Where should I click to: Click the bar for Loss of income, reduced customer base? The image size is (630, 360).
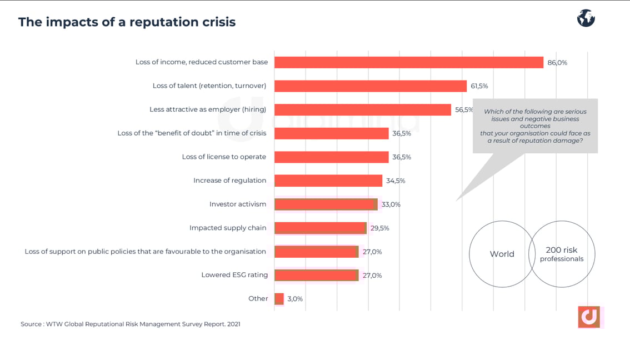pos(408,62)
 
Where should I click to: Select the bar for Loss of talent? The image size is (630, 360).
pos(370,86)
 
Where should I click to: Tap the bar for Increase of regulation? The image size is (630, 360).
pos(328,181)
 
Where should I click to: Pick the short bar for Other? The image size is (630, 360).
pos(279,299)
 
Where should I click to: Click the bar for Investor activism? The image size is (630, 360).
pos(326,204)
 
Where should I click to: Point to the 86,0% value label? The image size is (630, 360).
pos(557,63)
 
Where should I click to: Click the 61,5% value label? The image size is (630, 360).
pos(479,86)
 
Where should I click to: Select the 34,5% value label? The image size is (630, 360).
pos(396,181)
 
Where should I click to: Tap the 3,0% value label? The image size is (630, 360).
pos(295,299)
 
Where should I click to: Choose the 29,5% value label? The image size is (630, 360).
pos(379,228)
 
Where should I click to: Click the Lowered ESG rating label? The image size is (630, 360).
pos(234,275)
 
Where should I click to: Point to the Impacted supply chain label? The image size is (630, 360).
pos(228,228)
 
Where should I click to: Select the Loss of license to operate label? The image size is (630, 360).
pos(224,157)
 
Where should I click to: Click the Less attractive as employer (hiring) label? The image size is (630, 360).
pos(208,109)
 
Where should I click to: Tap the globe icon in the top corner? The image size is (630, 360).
pos(586,18)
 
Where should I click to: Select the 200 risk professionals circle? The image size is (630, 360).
pos(562,254)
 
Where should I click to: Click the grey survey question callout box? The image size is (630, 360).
pos(535,126)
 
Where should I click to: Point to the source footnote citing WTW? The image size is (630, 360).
pos(131,324)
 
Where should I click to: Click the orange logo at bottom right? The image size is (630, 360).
pos(589,317)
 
